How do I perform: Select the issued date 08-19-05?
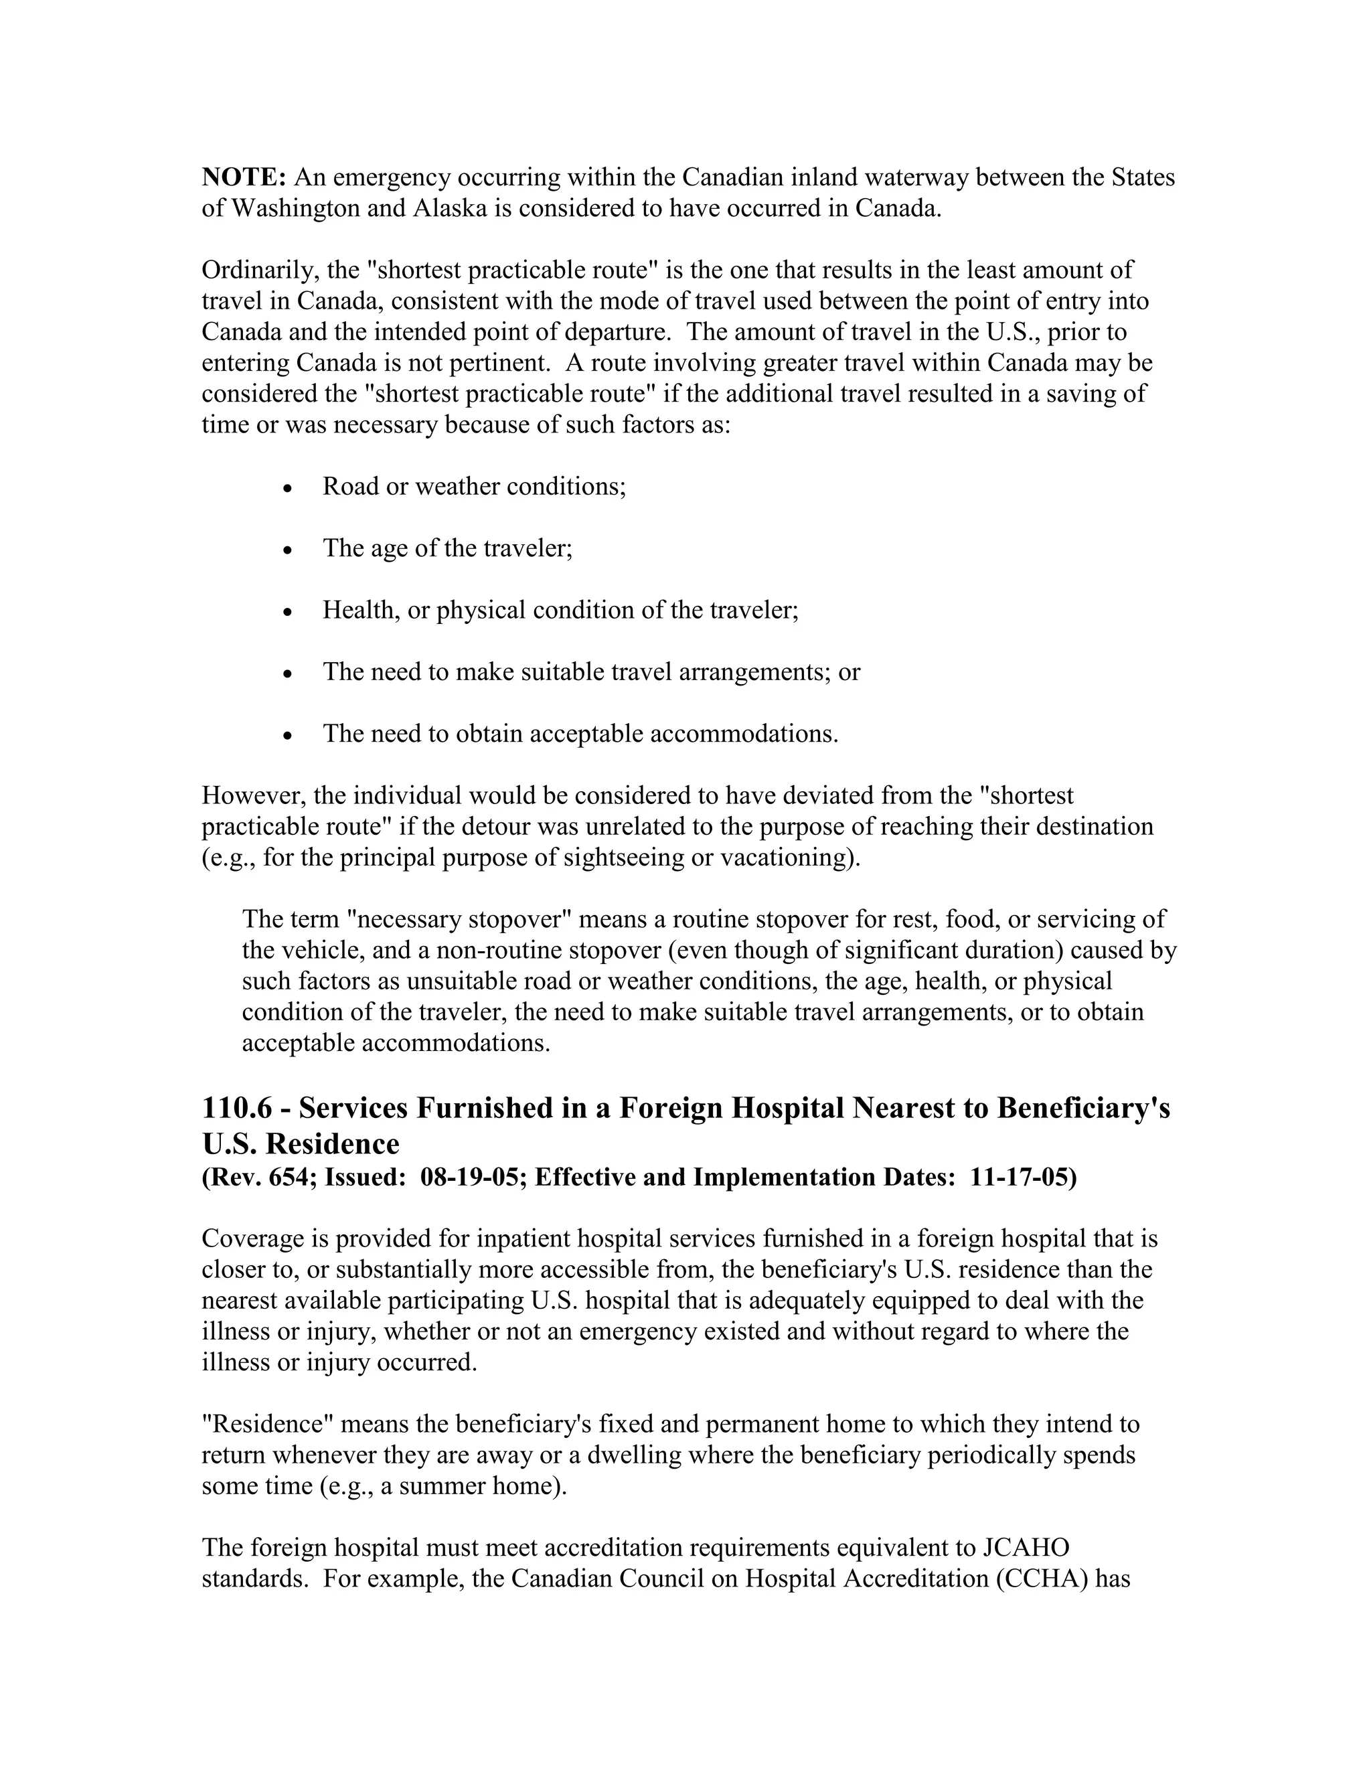tap(470, 1177)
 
